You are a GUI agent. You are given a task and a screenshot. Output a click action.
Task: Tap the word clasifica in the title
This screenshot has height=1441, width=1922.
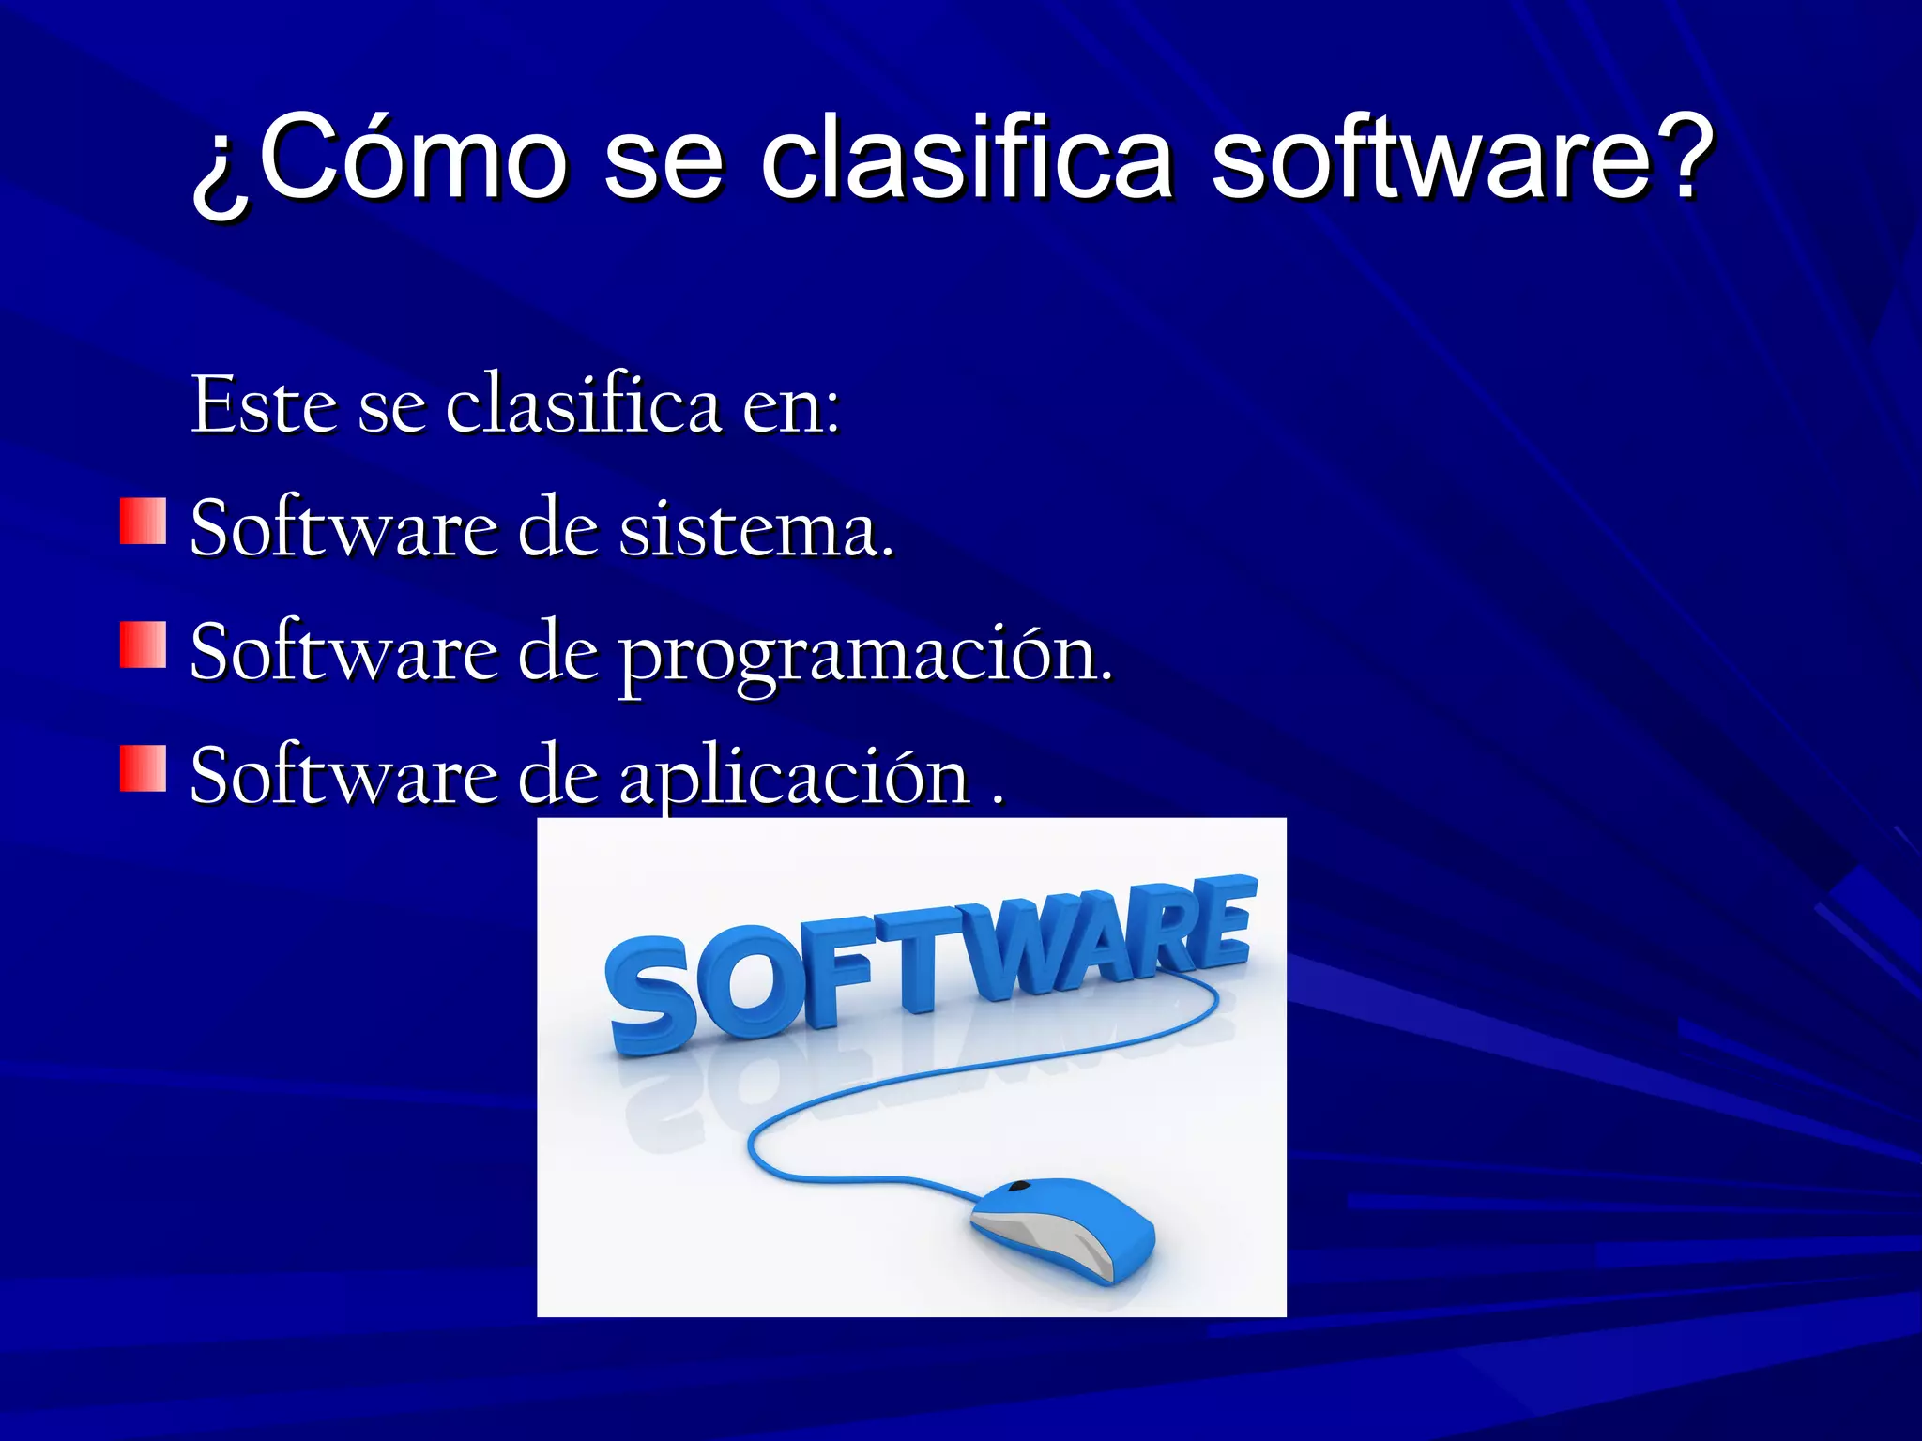pos(966,158)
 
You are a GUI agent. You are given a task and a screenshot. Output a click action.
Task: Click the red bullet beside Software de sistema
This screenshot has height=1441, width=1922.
pos(143,522)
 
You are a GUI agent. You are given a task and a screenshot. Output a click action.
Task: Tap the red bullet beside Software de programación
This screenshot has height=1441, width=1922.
pos(143,645)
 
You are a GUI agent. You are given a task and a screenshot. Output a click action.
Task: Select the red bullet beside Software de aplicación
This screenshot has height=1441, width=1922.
pos(143,769)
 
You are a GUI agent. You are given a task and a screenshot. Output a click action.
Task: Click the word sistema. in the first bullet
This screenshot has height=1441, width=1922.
pos(755,529)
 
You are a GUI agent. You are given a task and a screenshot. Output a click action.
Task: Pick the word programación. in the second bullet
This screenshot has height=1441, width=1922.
pos(863,655)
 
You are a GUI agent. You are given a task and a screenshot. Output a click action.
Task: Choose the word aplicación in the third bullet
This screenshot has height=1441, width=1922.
pos(794,777)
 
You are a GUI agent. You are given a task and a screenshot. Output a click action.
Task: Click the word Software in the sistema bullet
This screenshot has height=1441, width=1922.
pos(343,529)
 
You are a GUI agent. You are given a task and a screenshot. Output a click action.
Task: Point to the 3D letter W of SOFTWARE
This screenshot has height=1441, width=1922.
pos(1014,948)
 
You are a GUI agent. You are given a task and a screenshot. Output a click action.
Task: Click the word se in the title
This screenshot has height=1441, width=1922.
pos(663,158)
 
